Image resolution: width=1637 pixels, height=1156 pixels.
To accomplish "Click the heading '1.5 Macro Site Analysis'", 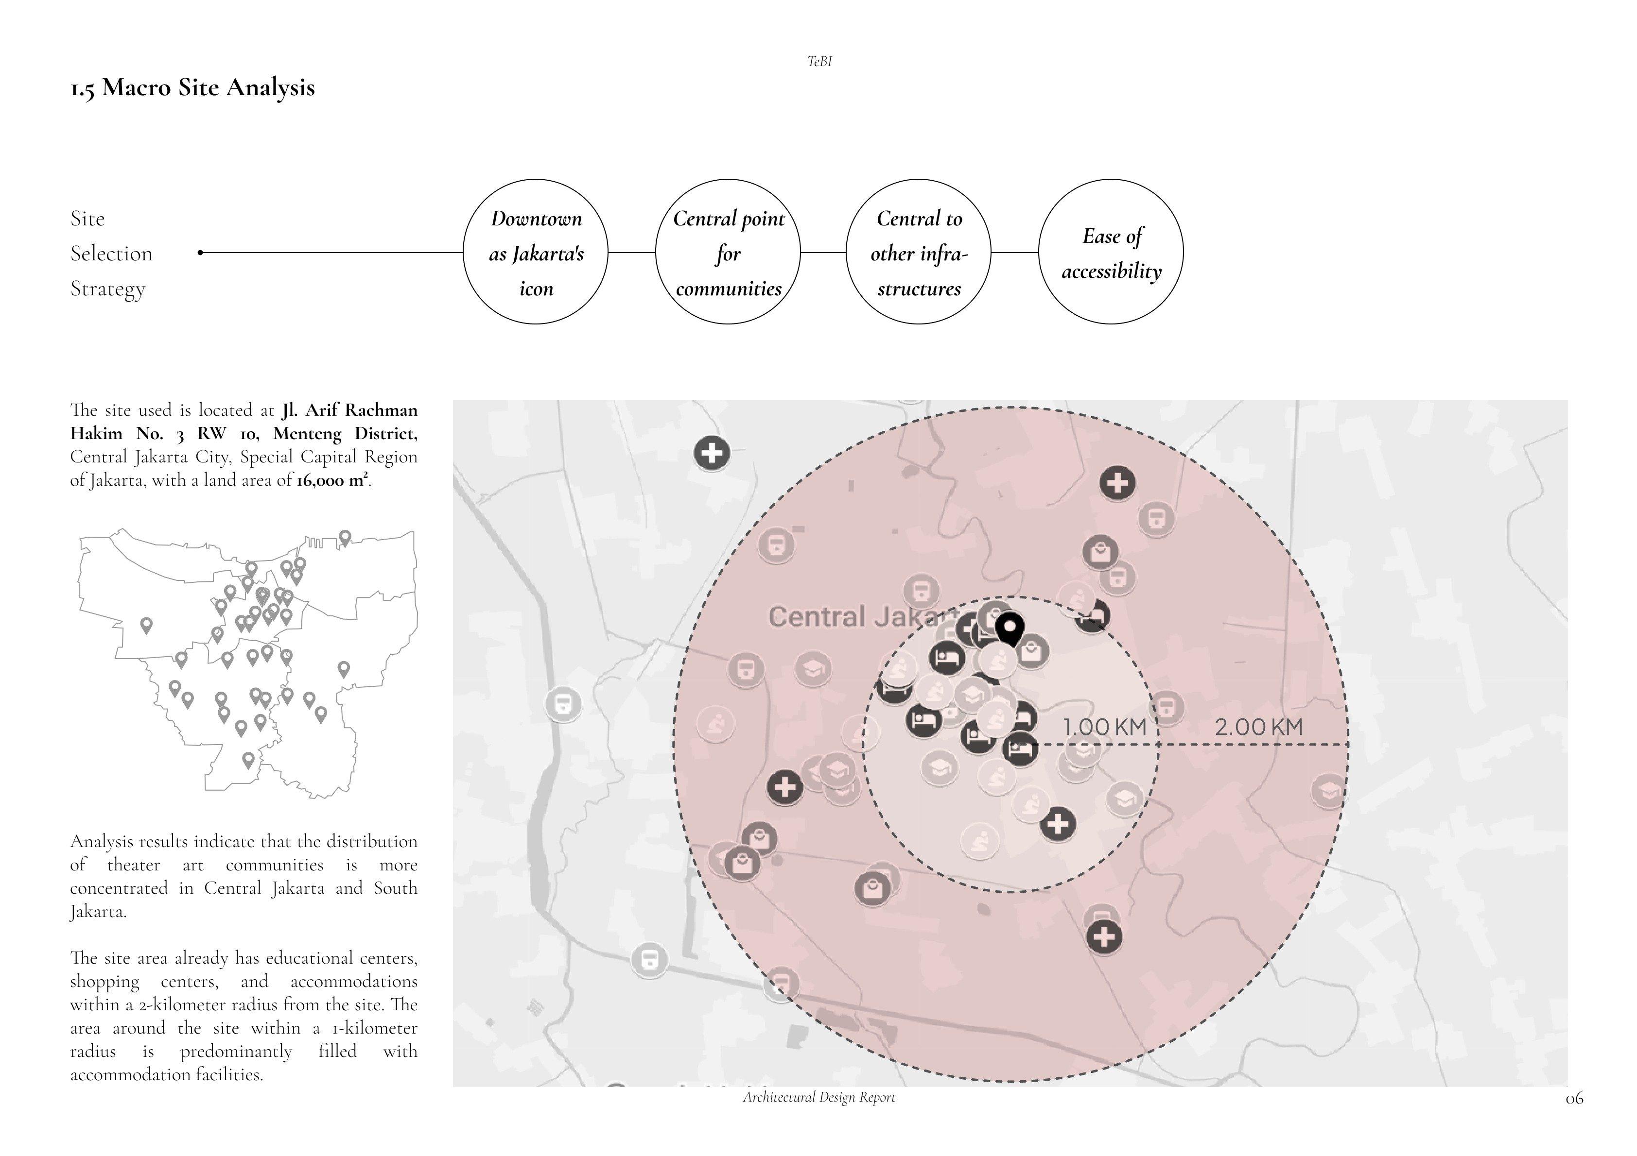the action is point(192,87).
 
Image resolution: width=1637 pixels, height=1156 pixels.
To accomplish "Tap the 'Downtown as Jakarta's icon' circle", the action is point(536,252).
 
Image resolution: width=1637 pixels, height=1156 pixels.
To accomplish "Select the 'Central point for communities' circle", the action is point(728,252).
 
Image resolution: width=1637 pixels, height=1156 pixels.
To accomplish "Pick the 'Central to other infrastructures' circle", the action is point(919,252).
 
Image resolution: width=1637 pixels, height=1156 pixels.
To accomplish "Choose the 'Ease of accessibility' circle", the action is point(1111,252).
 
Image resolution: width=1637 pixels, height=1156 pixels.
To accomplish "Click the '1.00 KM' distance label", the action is point(1104,727).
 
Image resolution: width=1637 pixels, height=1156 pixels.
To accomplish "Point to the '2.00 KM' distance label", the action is point(1258,727).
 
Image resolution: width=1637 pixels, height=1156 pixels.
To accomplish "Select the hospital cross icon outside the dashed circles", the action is point(712,453).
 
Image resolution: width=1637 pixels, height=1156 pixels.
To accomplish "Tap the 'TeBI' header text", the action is point(819,62).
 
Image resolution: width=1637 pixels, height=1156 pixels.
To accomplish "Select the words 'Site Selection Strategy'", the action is point(111,253).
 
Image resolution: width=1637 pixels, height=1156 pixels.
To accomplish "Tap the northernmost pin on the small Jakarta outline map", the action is point(345,537).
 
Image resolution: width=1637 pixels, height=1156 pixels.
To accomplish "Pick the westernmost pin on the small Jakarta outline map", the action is point(147,625).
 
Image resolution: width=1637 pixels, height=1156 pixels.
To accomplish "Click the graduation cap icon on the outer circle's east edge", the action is point(1328,790).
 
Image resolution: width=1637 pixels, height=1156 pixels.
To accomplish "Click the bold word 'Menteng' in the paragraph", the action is point(307,433).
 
